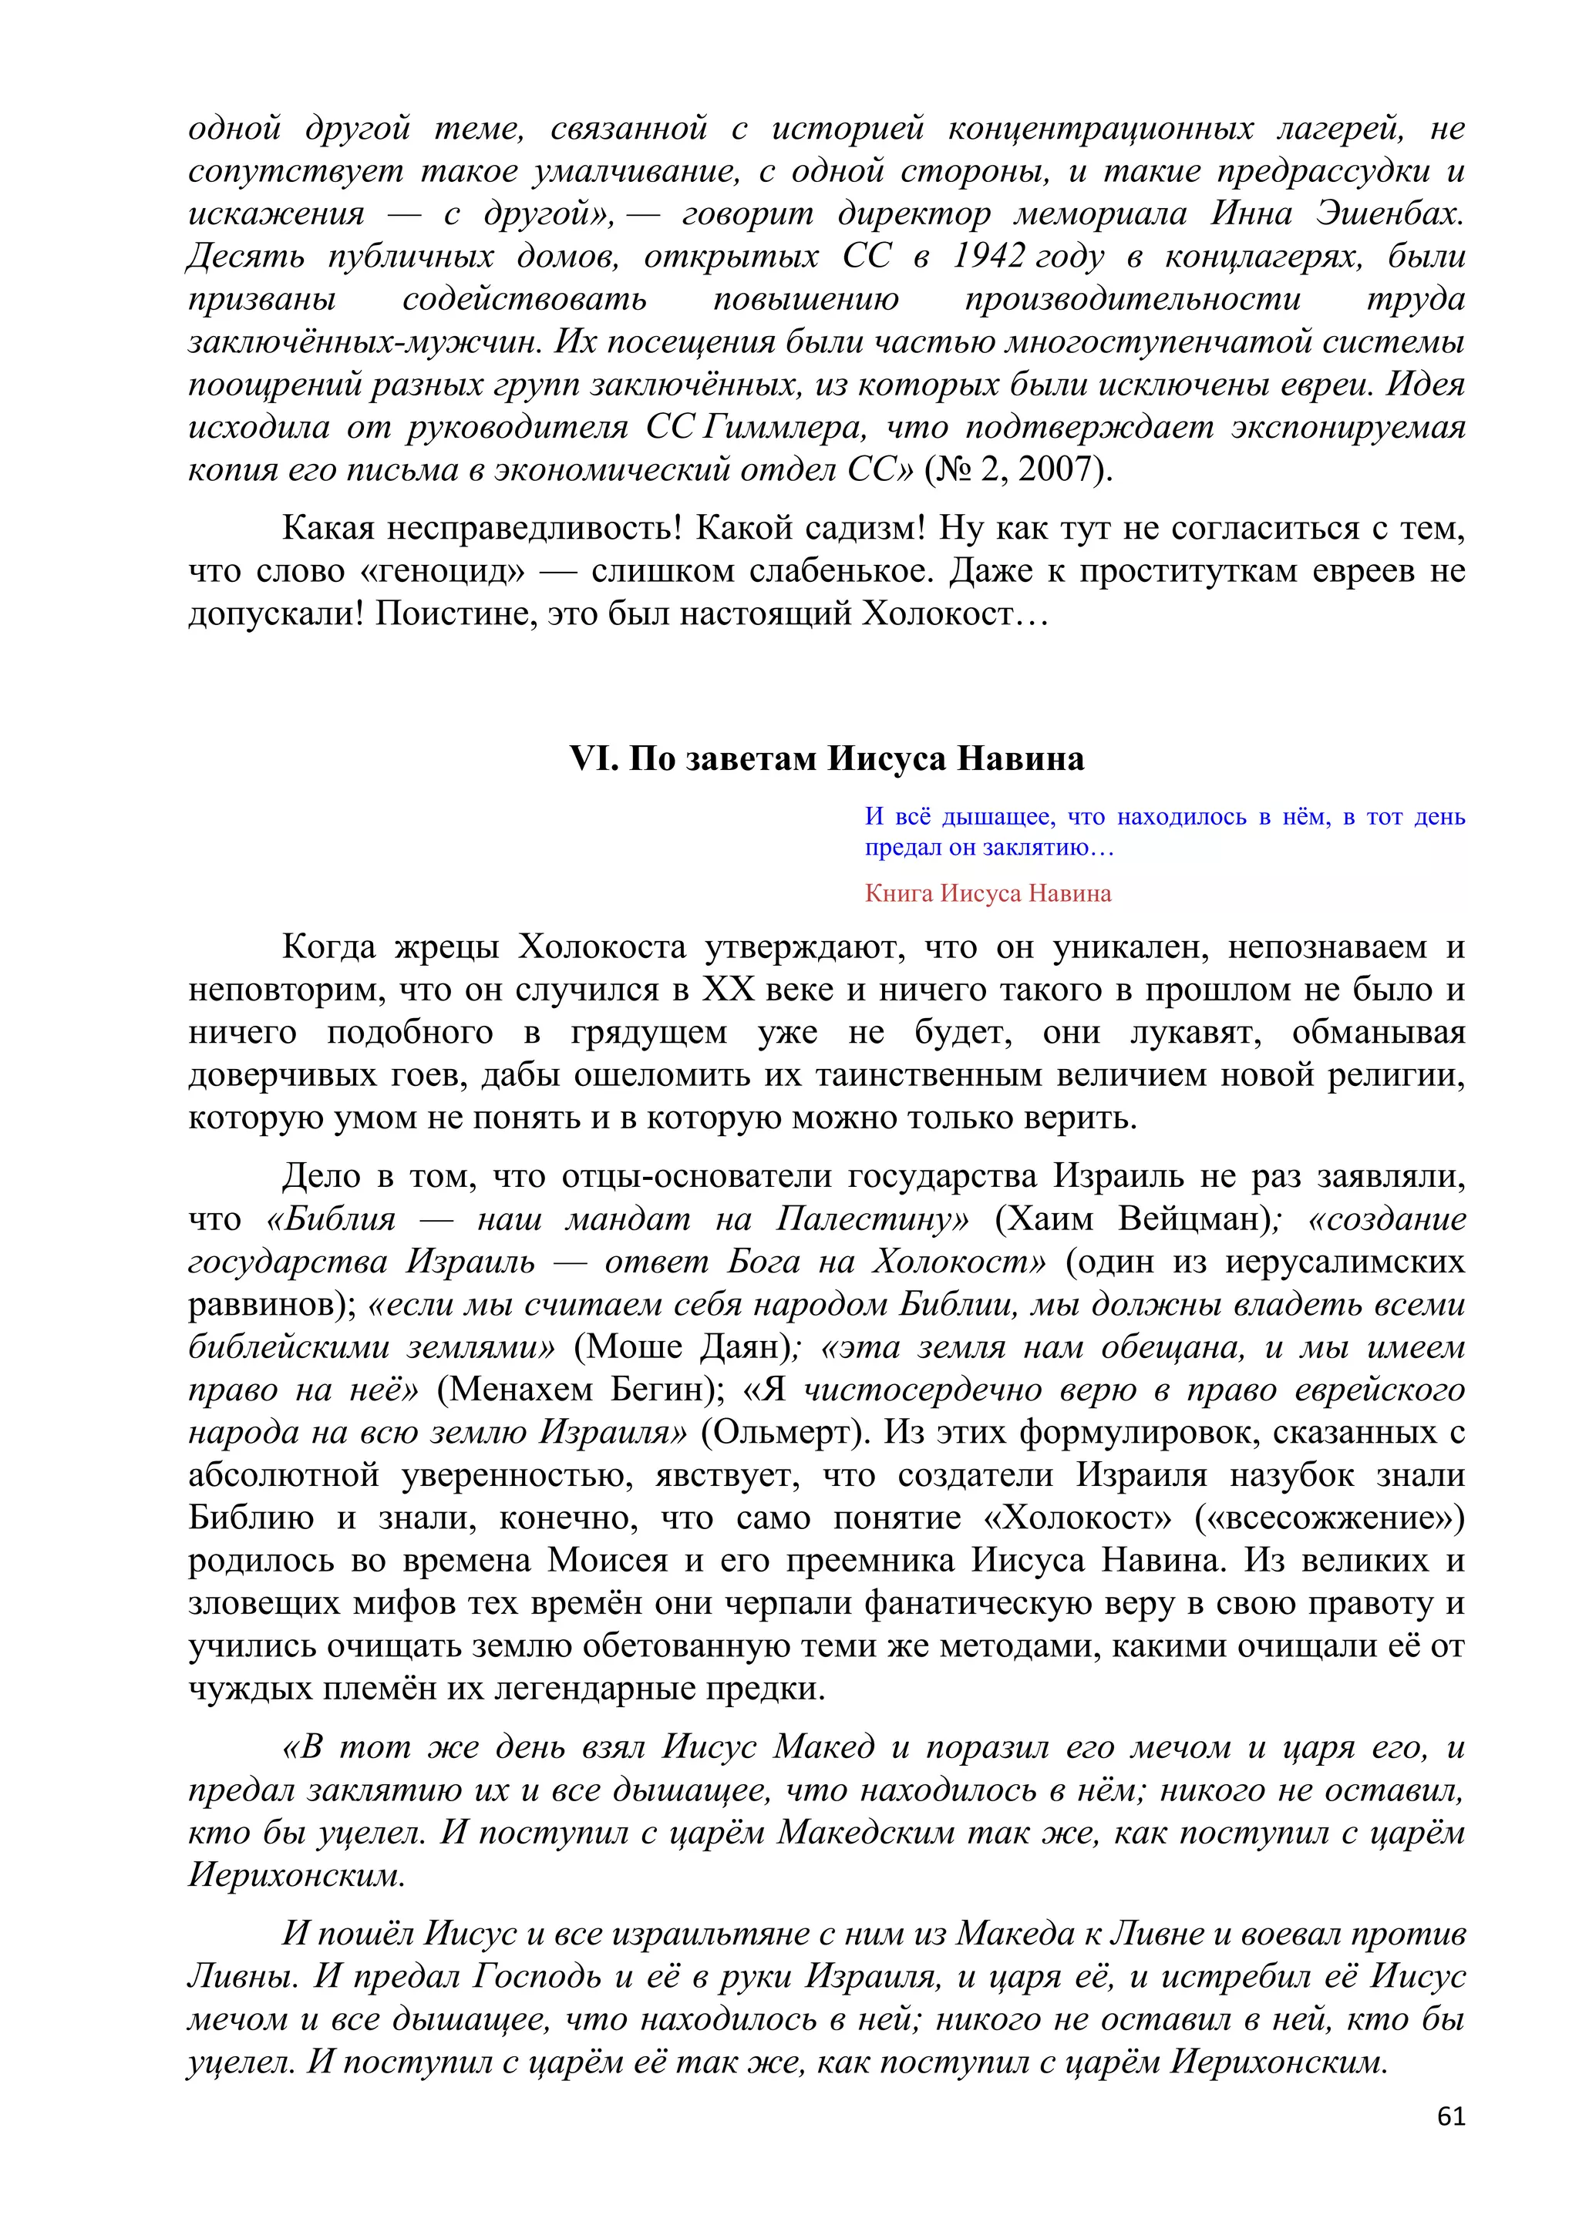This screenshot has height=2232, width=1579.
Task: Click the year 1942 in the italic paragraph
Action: (x=988, y=256)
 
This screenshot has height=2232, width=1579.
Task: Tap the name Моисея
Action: (x=608, y=1561)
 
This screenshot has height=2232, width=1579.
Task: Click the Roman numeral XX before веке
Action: (x=729, y=990)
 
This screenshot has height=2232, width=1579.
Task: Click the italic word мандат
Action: (x=627, y=1219)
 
